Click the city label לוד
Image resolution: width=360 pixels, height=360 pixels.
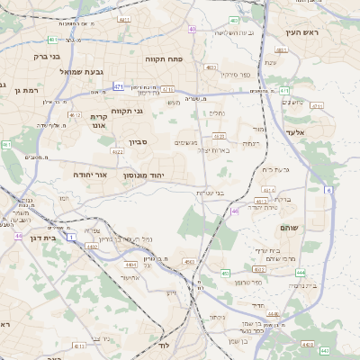pos(163,346)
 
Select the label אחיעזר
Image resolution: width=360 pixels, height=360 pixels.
pos(132,277)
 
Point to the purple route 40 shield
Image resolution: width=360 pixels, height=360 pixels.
pos(193,30)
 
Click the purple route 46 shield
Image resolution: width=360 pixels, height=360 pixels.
pos(234,211)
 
